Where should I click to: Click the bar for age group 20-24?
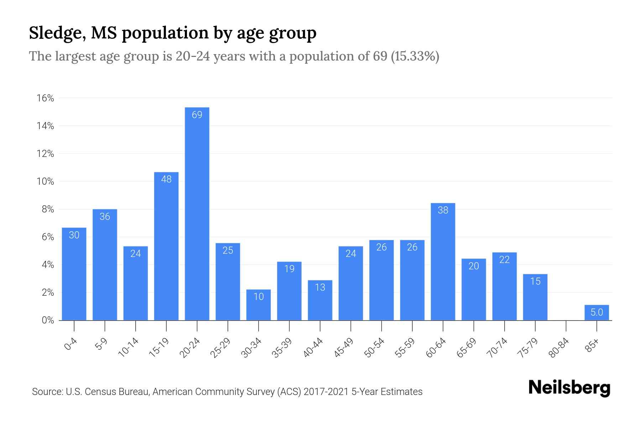coord(197,213)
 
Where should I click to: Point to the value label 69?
coord(197,115)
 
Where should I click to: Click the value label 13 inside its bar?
coord(320,287)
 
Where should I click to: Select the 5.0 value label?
coord(596,312)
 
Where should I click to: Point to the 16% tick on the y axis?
coord(45,98)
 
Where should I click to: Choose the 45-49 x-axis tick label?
coord(344,348)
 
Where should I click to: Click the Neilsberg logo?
coord(569,388)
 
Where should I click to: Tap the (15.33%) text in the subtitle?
coord(415,56)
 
